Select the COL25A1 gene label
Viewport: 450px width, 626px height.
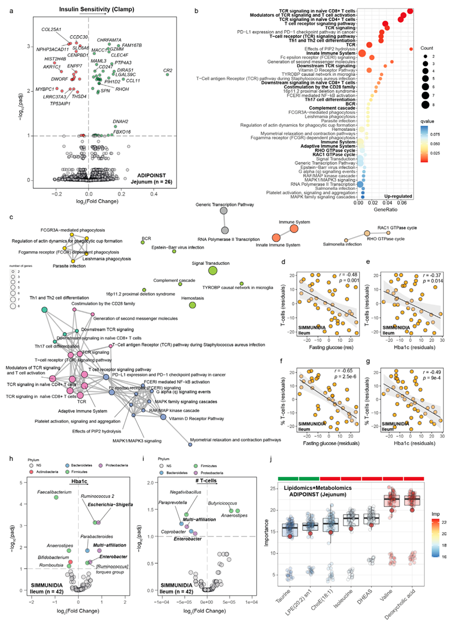[53, 29]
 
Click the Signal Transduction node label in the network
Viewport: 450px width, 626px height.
[211, 263]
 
